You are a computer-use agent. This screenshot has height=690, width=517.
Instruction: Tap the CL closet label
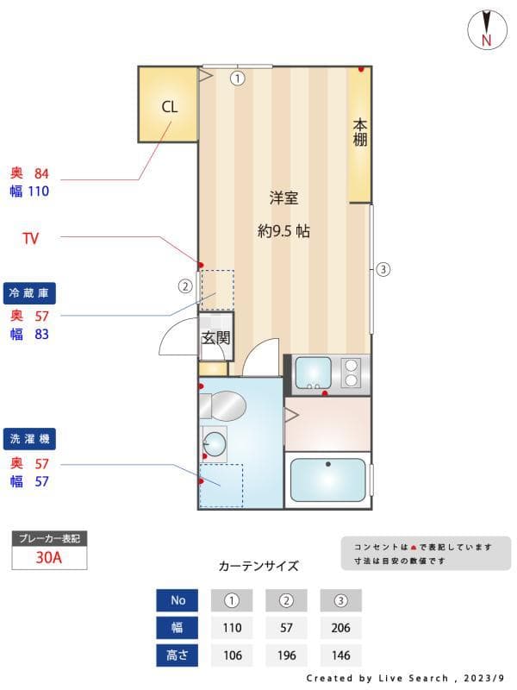pos(169,107)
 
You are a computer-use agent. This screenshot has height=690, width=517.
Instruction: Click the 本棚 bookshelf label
pos(359,133)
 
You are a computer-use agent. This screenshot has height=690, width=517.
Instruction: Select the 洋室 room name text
pos(283,198)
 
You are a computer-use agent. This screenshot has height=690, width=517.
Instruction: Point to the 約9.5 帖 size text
pos(283,231)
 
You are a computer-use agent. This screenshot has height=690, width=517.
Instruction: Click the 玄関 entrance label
pos(216,338)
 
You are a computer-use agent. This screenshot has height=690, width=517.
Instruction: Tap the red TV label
pos(30,239)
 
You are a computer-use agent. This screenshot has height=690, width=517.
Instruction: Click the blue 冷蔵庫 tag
pos(31,294)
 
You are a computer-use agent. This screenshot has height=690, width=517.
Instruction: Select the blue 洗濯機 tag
pos(31,439)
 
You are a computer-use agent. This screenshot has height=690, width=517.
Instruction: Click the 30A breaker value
pos(49,557)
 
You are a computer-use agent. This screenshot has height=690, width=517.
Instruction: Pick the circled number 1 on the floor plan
pos(237,78)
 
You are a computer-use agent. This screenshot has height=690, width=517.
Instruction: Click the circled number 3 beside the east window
pos(383,269)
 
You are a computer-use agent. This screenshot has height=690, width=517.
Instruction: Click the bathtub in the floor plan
pos(327,480)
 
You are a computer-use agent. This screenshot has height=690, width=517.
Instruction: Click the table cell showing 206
pos(340,628)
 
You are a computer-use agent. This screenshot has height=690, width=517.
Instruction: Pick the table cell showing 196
pos(287,655)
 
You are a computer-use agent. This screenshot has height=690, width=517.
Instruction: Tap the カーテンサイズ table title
pos(258,567)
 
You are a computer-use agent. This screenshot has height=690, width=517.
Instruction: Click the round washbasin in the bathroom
pos(215,444)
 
